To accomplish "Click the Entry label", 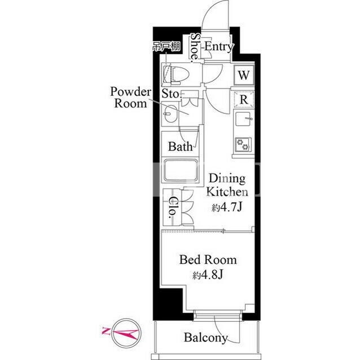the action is (x=219, y=47).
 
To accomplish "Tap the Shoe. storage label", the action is (x=195, y=48).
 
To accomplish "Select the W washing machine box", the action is (x=244, y=75).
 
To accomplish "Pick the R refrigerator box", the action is (x=244, y=100).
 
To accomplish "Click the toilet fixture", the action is (x=176, y=74).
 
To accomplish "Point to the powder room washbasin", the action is (x=170, y=114).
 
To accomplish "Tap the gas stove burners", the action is (x=243, y=144).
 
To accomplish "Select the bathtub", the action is (x=180, y=170).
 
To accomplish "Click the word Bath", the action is (x=180, y=146).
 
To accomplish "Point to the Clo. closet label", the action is (x=173, y=207).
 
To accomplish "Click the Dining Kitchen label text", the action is (x=227, y=185).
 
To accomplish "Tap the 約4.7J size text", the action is (x=227, y=208).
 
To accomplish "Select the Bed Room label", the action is (x=208, y=260).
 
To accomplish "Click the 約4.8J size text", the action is (x=208, y=275).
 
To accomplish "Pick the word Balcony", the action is (x=206, y=337).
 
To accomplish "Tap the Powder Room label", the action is (x=131, y=97).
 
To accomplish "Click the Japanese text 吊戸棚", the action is (x=167, y=47).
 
